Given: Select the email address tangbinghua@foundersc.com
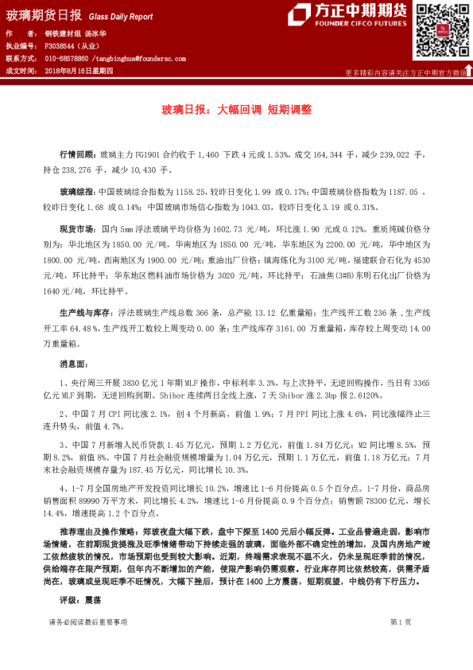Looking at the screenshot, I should point(139,59).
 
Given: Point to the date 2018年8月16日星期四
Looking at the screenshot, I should point(79,71).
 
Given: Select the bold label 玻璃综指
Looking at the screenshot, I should point(77,192).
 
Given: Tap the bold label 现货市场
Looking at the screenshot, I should point(77,229).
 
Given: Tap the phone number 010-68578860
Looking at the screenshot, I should point(67,59).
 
